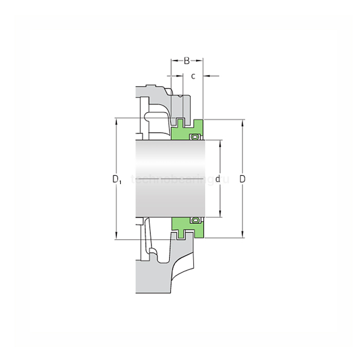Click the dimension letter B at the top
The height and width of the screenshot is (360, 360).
click(187, 61)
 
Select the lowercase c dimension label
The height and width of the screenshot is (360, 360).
click(193, 77)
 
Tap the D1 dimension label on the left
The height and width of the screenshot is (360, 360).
click(117, 179)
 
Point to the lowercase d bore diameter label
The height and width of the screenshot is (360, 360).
click(218, 179)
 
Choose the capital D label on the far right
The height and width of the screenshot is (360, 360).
click(242, 179)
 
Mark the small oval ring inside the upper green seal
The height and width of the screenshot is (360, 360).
click(195, 137)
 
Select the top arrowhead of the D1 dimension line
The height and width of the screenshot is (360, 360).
click(117, 122)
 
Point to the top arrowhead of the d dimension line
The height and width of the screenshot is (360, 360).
click(220, 142)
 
